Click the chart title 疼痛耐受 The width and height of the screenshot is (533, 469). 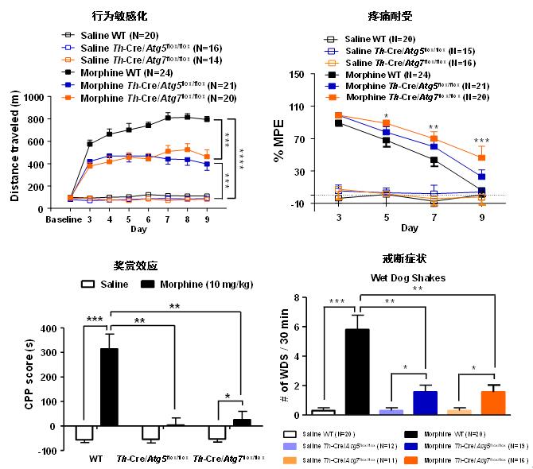(389, 16)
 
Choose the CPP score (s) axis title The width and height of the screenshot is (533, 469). (15, 382)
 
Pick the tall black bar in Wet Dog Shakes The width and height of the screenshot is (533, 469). (356, 372)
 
